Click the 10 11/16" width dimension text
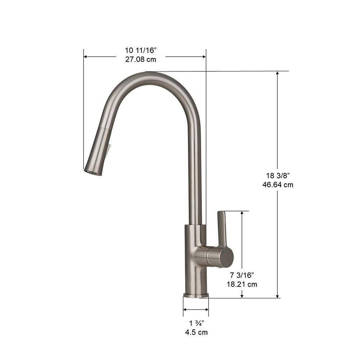[141, 51]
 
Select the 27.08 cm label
[141, 60]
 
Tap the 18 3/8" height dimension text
[278, 176]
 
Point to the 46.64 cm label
[278, 185]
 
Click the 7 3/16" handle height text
[242, 275]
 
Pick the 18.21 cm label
[242, 284]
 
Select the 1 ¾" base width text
[196, 323]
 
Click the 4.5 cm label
[196, 332]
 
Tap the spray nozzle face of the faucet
[92, 172]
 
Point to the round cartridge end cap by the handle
[227, 257]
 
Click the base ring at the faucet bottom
[196, 296]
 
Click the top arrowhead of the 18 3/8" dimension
[278, 73]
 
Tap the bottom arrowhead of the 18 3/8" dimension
[278, 296]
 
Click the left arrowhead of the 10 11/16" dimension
[86, 57]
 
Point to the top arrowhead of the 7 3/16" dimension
[242, 213]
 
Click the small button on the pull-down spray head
[108, 149]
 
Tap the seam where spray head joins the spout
[104, 127]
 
